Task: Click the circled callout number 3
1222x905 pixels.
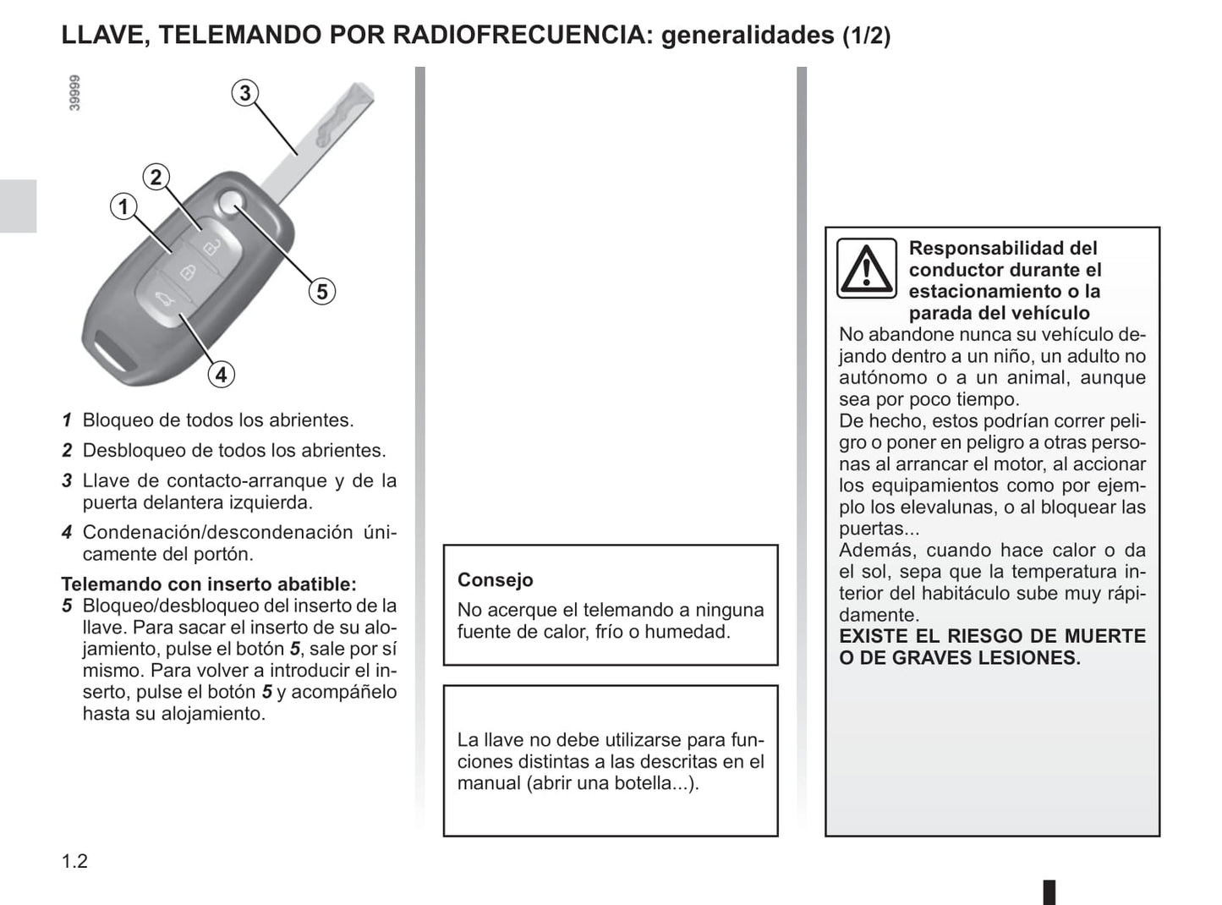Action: pos(245,93)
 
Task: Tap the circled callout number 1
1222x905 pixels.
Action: pos(123,206)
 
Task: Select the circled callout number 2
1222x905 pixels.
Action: pos(156,178)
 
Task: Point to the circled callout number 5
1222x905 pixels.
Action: pos(321,292)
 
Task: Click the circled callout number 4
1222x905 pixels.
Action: pos(221,374)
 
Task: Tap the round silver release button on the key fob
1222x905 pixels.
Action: pos(229,202)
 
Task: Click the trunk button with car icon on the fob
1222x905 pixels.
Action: pos(163,302)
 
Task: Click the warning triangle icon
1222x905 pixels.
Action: pos(866,269)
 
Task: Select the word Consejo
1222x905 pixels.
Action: pos(495,580)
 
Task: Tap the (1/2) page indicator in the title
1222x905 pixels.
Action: pos(866,36)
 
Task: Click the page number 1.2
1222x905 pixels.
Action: pos(74,861)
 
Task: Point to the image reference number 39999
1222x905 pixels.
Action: pos(74,93)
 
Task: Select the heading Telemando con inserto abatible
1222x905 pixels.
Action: pos(209,584)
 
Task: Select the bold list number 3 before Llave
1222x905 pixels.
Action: pos(67,481)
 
